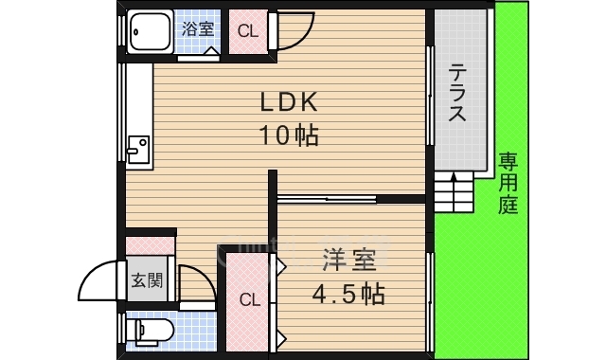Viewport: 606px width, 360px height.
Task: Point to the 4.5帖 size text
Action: pos(348,294)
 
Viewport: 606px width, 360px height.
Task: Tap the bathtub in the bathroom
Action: pos(151,32)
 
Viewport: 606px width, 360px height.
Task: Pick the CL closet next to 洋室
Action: pos(248,301)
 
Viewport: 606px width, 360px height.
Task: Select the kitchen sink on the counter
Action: pos(137,149)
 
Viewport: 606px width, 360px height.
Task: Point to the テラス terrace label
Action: pos(456,93)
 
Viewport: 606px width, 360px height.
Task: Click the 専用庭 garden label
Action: pos(508,183)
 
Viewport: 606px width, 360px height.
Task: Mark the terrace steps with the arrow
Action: pos(454,192)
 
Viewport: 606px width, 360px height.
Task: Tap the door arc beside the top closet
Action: pos(294,34)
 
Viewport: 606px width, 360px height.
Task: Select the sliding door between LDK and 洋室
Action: pos(327,199)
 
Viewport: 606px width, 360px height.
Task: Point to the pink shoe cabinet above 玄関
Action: pos(151,243)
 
